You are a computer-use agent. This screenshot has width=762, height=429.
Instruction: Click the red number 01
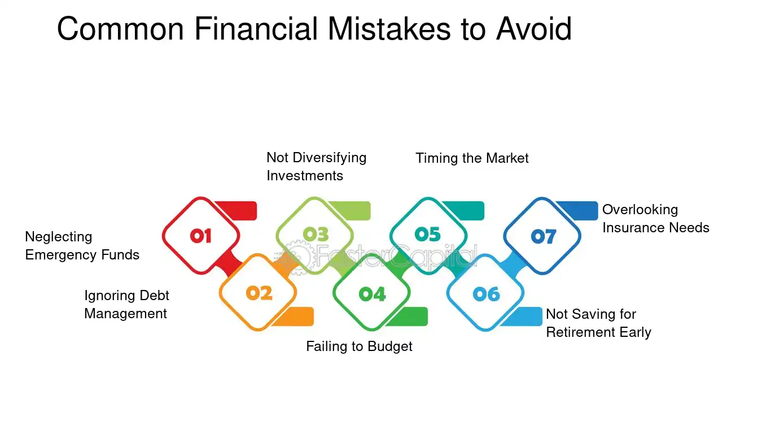coord(201,236)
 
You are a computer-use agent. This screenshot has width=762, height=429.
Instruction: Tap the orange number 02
coord(259,293)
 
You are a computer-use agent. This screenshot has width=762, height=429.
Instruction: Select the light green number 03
coord(316,235)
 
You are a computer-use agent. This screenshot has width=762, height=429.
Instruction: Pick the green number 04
coord(372,294)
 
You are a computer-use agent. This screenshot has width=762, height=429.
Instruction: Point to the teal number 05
coord(428,235)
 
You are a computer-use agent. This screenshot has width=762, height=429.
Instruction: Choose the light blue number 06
coord(487,294)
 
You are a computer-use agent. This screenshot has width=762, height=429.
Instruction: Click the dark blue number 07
coord(543,236)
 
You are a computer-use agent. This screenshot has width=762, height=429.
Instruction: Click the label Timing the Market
coord(472,158)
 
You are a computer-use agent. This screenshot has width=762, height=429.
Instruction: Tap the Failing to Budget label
coord(359,347)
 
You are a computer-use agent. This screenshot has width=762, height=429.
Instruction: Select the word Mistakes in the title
coord(389,29)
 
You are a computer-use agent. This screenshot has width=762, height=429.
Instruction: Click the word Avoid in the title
coord(533,29)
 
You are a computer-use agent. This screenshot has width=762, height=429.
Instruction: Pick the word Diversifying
coord(329,158)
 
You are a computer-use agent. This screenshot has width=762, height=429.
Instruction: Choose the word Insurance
coord(633,228)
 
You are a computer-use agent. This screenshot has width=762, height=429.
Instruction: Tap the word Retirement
coord(580,332)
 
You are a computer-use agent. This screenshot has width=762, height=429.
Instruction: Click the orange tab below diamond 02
coord(295,317)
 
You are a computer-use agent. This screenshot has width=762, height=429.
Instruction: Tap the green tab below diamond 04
coord(408,317)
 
